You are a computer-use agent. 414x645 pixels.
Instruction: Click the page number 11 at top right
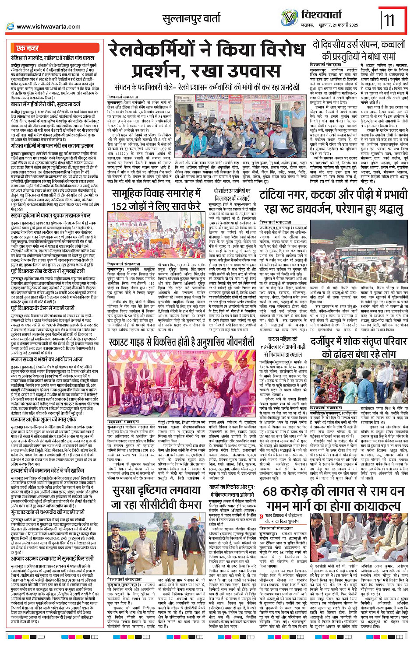389,20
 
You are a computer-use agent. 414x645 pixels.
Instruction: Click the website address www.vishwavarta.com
48,27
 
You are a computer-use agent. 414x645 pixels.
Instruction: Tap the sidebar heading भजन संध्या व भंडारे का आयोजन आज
46,359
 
